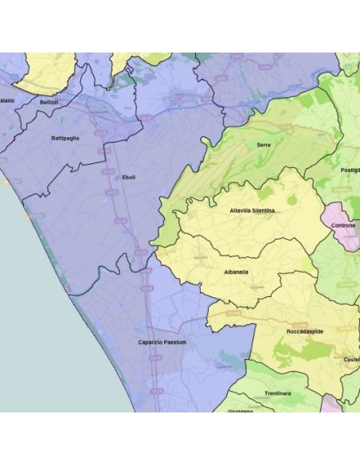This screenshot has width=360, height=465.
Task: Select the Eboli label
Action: tap(129, 178)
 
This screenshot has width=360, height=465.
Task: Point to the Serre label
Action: tap(264, 145)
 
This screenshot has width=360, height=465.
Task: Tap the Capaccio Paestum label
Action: tap(161, 342)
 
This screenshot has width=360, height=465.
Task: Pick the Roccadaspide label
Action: tap(304, 330)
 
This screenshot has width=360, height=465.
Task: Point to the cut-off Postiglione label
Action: tap(350, 170)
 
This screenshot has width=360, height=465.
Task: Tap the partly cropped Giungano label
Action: tap(240, 411)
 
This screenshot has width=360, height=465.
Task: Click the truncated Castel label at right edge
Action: tap(351, 360)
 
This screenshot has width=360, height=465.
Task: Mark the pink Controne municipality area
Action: tap(338, 217)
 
